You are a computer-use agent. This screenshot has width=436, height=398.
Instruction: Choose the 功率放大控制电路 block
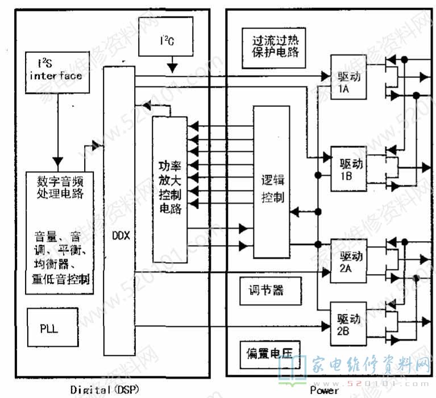coord(169,188)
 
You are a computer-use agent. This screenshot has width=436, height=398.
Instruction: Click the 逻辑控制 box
coord(272,189)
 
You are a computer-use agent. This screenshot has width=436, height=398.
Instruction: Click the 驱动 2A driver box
coord(348,262)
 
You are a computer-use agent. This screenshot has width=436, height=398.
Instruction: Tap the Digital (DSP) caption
coord(105,390)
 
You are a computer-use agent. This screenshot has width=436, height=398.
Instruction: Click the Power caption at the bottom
coord(324,391)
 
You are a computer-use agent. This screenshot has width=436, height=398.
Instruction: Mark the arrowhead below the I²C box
coord(173,68)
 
